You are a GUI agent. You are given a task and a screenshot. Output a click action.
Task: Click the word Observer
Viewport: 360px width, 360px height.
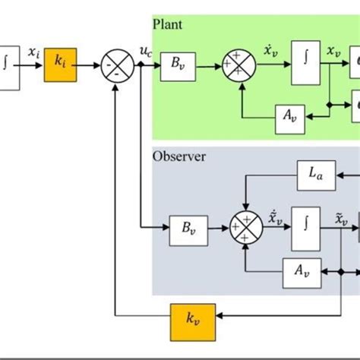178,157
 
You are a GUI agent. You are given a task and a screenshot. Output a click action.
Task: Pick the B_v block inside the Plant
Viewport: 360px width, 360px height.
178,67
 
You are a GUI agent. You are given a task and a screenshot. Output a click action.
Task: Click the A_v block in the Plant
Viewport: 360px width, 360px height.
289,116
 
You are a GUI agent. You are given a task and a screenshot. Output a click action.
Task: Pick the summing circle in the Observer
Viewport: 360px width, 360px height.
246,226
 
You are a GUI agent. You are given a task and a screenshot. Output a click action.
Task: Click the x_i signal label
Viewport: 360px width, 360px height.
33,52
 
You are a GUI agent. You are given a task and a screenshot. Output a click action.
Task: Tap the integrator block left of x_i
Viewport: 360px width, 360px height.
8,67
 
